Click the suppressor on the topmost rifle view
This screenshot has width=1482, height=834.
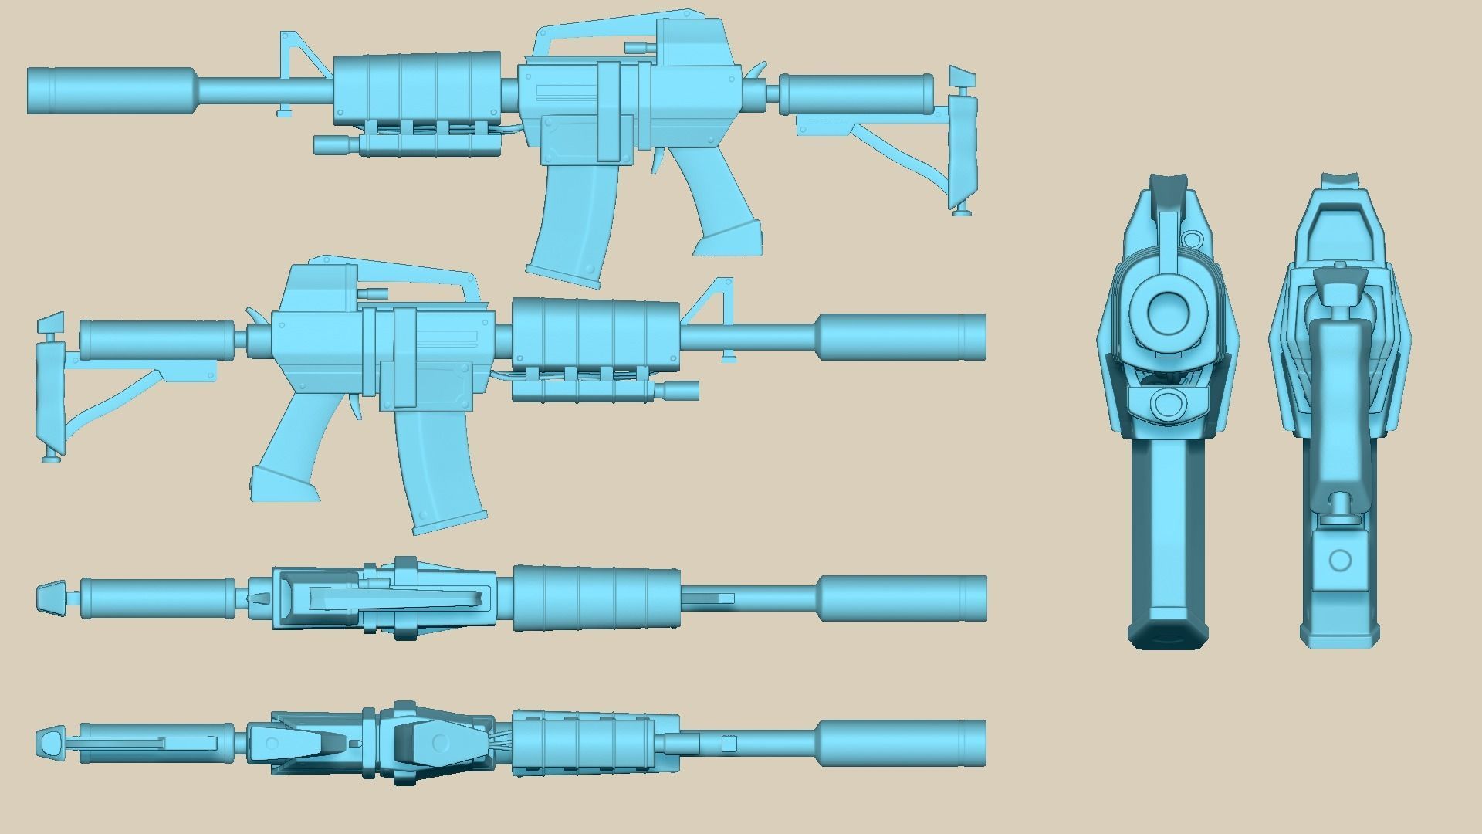(112, 90)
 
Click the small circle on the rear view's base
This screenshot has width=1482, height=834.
(1341, 561)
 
